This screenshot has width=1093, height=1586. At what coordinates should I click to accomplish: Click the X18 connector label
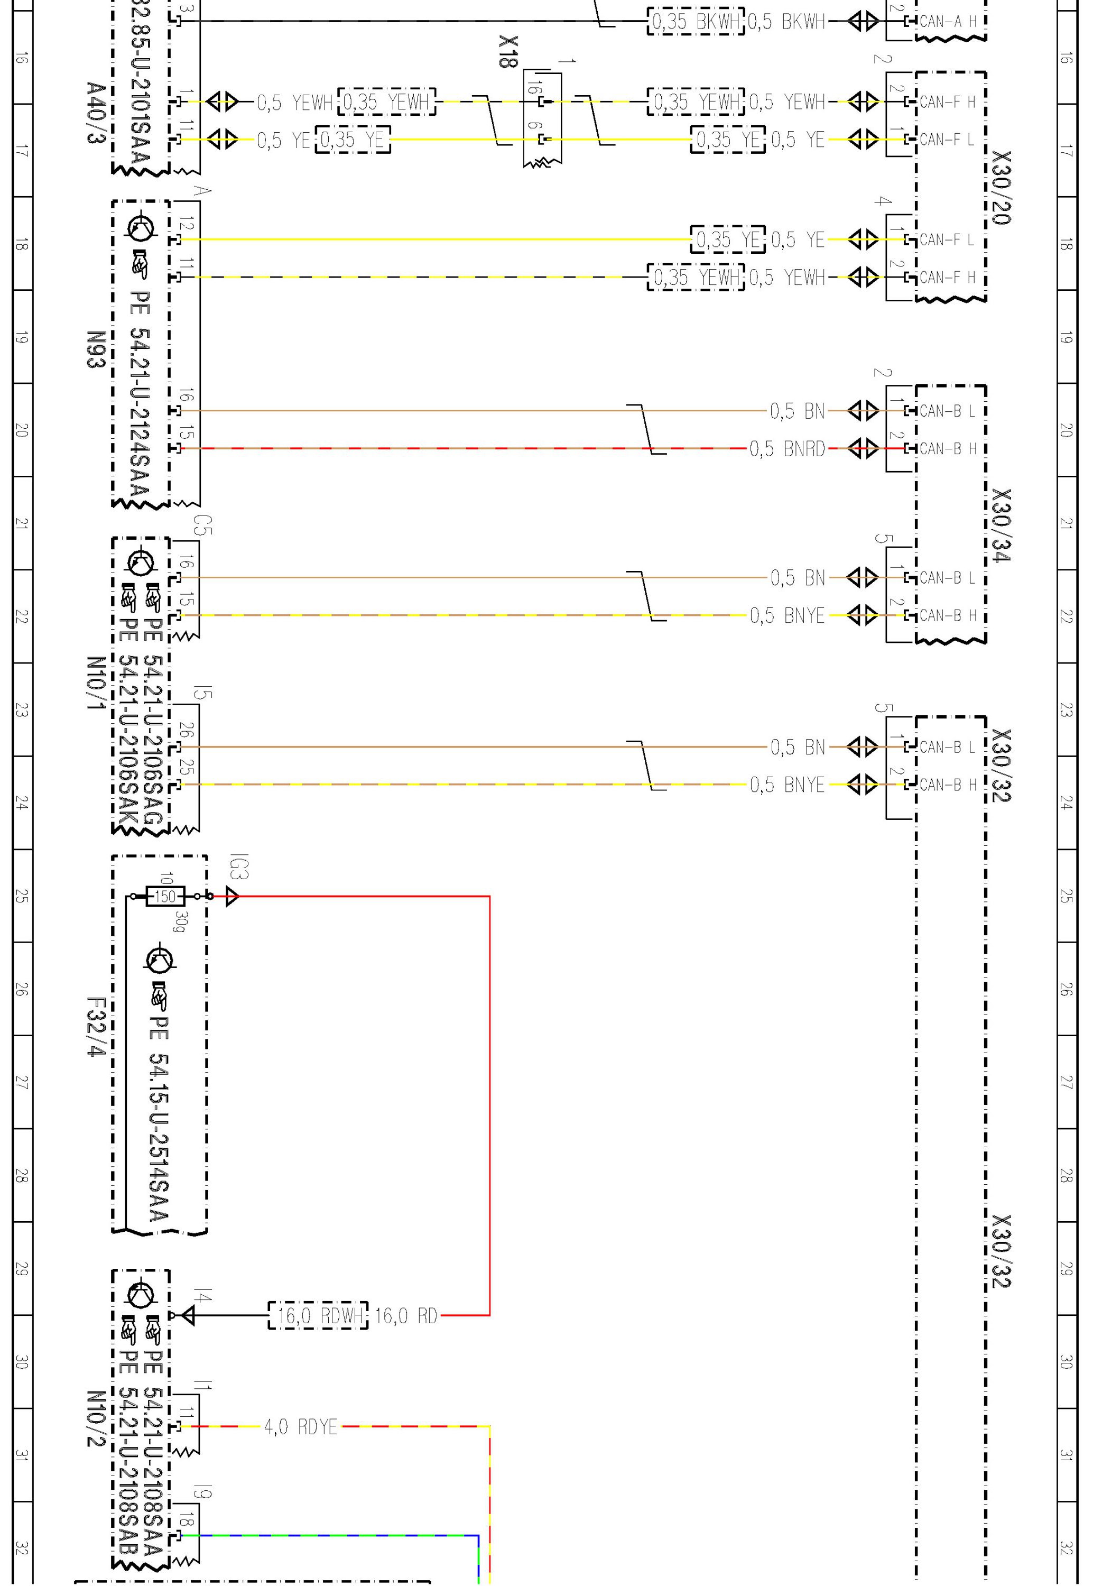[x=507, y=51]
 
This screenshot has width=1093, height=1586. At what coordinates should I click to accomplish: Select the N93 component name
[x=96, y=349]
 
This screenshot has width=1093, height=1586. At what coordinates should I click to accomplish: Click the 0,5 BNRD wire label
[x=787, y=449]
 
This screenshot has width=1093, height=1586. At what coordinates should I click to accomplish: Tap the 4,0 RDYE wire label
[x=301, y=1427]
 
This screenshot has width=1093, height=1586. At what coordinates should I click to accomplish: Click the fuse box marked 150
[x=165, y=896]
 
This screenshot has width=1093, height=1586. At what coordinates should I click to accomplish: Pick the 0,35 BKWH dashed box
[x=696, y=22]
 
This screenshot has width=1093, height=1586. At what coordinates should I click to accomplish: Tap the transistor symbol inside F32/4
[x=160, y=960]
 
